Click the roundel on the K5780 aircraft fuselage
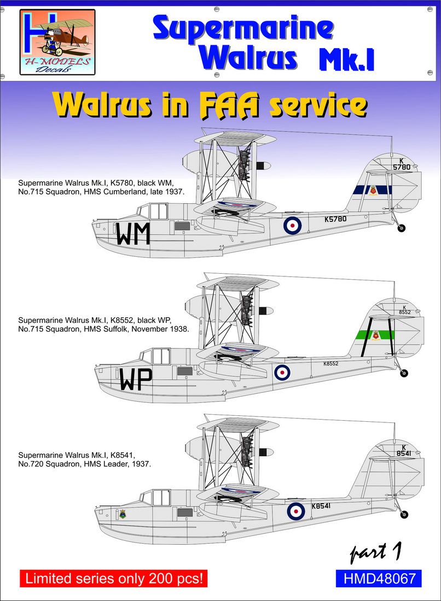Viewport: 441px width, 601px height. tap(292, 225)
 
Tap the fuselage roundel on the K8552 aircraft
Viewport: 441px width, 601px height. tap(282, 373)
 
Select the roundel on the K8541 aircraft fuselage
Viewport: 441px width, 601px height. tap(296, 511)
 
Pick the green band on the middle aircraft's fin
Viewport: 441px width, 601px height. tap(383, 334)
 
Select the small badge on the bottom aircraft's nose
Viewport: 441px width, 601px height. tap(122, 514)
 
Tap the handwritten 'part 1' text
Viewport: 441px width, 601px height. tap(376, 553)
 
